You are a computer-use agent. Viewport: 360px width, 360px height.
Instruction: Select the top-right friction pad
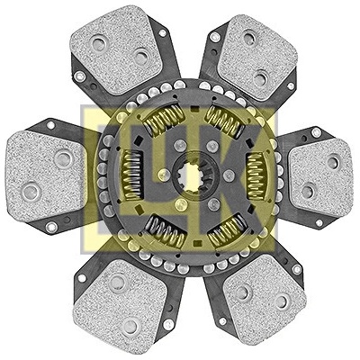(256, 57)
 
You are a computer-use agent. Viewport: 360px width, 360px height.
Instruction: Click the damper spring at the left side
(132, 175)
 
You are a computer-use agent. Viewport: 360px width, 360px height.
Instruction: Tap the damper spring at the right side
(256, 175)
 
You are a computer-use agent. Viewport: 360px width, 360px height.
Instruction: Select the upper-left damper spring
(164, 120)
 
